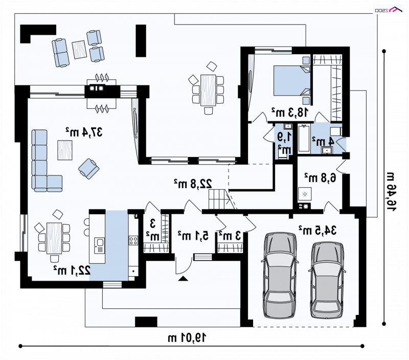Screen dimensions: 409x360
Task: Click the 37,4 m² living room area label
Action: point(84,132)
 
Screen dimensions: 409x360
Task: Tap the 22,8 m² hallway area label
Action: point(193,184)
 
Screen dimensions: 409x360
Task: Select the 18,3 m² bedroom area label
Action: point(290,112)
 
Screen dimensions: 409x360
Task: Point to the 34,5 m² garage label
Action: point(317,230)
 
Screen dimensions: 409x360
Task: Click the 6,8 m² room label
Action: point(321,177)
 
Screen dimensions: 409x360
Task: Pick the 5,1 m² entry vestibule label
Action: point(193,235)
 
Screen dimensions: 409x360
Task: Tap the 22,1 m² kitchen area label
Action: point(72,270)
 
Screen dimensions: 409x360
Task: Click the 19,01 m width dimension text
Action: point(187,338)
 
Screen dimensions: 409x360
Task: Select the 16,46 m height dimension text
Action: point(391,191)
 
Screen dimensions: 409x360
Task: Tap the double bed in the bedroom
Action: point(291,81)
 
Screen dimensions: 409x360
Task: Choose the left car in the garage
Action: point(280,275)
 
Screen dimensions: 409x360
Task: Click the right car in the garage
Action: point(327,280)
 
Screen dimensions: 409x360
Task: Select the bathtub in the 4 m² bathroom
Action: point(304,138)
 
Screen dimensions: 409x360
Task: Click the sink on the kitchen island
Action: point(100,245)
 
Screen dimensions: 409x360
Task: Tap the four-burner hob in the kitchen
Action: point(133,240)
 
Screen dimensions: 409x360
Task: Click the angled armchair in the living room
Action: point(88,169)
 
